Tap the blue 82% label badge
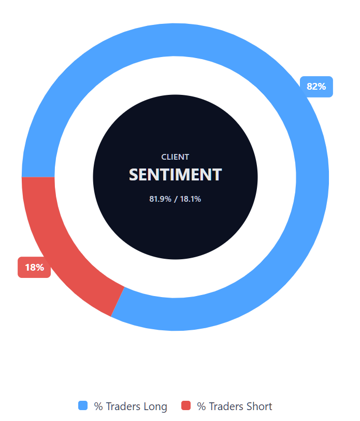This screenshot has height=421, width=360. [316, 87]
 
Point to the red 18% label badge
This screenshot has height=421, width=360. [34, 268]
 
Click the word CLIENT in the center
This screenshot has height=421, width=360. [175, 157]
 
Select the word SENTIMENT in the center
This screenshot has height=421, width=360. [175, 175]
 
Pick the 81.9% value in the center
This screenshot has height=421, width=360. [160, 199]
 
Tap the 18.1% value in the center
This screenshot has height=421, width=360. [190, 199]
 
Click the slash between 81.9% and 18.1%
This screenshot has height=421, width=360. [176, 199]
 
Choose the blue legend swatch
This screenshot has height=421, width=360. [83, 406]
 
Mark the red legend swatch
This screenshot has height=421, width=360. [186, 406]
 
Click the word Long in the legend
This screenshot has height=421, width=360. [155, 406]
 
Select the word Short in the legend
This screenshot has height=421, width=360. [260, 406]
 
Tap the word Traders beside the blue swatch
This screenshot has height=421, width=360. [121, 406]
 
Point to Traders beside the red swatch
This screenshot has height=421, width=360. [225, 406]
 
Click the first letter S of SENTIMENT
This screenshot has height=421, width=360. [134, 175]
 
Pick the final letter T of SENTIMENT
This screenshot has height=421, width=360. [217, 175]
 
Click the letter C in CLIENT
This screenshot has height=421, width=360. [164, 157]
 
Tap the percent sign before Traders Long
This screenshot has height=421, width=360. [98, 406]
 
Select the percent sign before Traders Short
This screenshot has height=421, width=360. [201, 406]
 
